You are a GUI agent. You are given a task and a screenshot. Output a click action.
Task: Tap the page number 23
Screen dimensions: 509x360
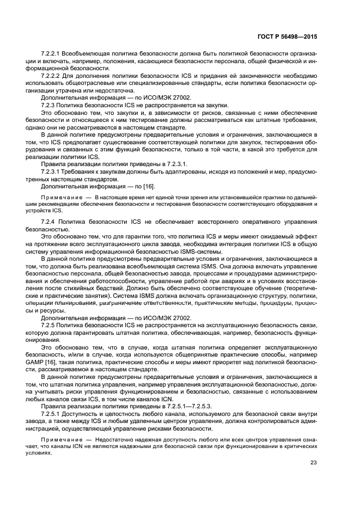pos(312,463)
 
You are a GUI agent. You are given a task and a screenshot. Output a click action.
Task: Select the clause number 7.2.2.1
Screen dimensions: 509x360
pos(52,54)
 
